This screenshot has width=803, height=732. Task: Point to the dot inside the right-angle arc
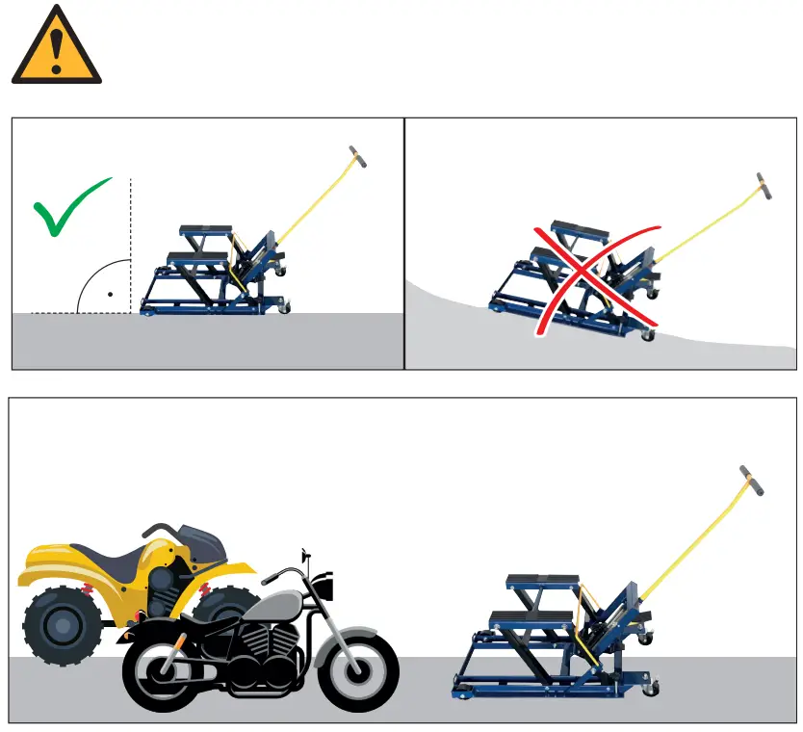coord(111,293)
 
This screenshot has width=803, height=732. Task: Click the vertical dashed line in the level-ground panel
coord(130,241)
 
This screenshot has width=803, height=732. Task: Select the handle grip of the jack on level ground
coord(357,158)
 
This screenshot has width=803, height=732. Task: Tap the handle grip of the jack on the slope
coord(764,187)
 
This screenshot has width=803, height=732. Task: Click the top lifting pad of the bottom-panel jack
coord(541,580)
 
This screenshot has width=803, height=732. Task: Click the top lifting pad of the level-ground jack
coord(206,230)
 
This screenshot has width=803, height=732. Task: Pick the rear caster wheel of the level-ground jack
coord(283,306)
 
